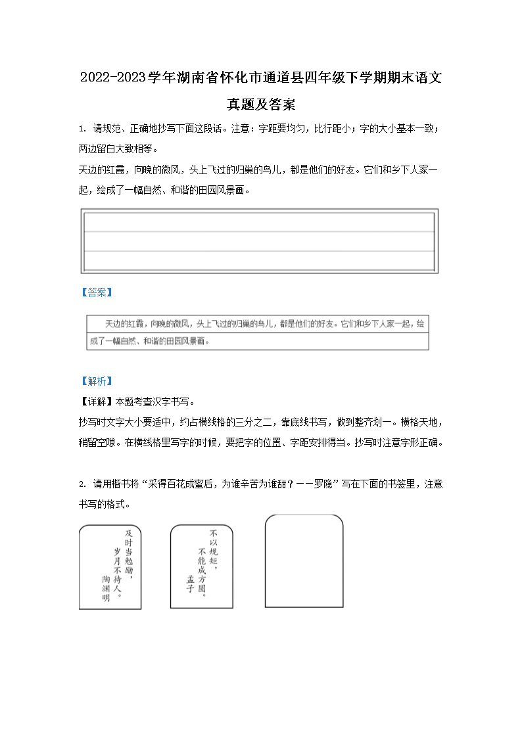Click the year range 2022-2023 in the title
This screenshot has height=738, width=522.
(112, 78)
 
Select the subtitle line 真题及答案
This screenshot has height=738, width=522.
(261, 104)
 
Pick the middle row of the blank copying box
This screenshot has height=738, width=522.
(259, 241)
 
